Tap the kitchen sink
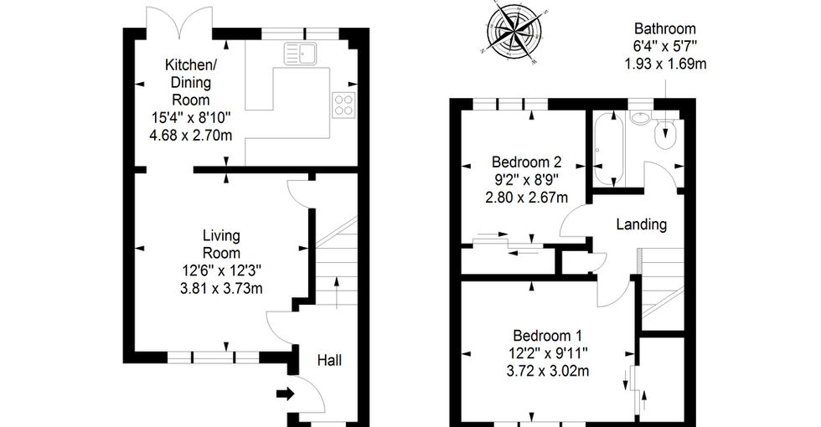301,54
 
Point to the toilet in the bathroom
666,134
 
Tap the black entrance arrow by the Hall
286,394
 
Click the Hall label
330,360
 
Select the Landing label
642,224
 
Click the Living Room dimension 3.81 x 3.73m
221,288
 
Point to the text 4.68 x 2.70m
191,136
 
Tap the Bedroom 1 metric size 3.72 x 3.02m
548,371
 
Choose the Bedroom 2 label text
527,162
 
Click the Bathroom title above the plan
665,28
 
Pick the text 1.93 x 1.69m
665,64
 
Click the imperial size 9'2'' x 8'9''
527,180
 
